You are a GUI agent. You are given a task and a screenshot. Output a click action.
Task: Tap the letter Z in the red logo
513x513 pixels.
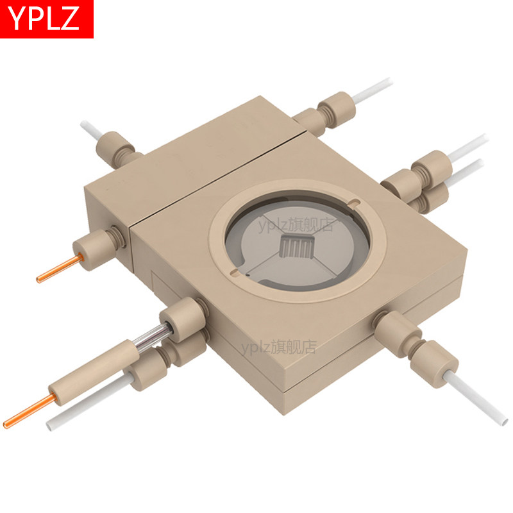(x=69, y=19)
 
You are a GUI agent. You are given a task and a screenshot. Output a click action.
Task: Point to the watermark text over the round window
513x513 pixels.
(x=296, y=225)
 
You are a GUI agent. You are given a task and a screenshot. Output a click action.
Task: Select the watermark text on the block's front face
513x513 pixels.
(x=279, y=347)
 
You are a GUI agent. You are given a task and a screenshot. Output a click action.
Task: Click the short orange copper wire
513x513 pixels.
(x=60, y=269)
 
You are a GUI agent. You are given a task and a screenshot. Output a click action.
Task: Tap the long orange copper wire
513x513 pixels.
(x=30, y=410)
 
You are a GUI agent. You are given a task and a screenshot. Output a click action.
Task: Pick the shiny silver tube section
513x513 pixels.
(x=153, y=337)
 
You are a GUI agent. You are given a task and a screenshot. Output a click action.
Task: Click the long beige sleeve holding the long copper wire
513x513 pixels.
(x=94, y=372)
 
